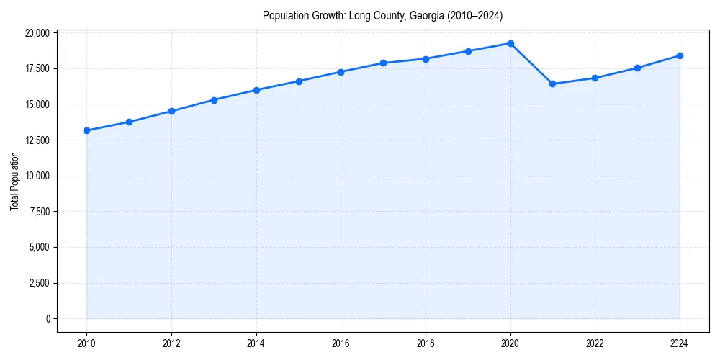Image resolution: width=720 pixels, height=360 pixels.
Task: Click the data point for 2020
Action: tap(510, 43)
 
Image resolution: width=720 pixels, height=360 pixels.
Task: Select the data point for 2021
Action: tap(552, 84)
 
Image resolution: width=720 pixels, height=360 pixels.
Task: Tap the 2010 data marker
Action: tap(86, 130)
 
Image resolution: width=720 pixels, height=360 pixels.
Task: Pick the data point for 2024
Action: tap(680, 55)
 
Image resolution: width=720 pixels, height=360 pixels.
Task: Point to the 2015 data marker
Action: tap(299, 81)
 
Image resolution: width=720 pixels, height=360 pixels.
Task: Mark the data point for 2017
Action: tap(383, 63)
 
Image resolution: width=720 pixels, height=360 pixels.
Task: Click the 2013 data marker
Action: tap(214, 100)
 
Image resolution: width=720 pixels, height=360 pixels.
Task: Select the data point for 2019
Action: tap(468, 51)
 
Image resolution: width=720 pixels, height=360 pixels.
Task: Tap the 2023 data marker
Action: tap(637, 68)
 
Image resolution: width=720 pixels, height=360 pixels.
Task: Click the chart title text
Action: tap(382, 15)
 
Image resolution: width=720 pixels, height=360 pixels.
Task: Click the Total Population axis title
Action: tap(14, 181)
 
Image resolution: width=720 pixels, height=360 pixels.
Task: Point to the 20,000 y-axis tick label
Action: tap(37, 33)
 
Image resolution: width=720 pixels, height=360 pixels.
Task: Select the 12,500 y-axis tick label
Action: tap(37, 140)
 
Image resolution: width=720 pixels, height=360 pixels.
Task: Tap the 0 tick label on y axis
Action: tap(48, 319)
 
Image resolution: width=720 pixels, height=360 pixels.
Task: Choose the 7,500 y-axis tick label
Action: tap(39, 212)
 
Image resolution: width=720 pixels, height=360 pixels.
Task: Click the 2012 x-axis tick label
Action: tap(171, 343)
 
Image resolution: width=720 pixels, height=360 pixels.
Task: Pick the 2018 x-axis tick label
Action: tap(426, 343)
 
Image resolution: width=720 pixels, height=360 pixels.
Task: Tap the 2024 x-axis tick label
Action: tap(680, 343)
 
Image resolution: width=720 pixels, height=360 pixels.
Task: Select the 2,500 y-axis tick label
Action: tap(39, 283)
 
